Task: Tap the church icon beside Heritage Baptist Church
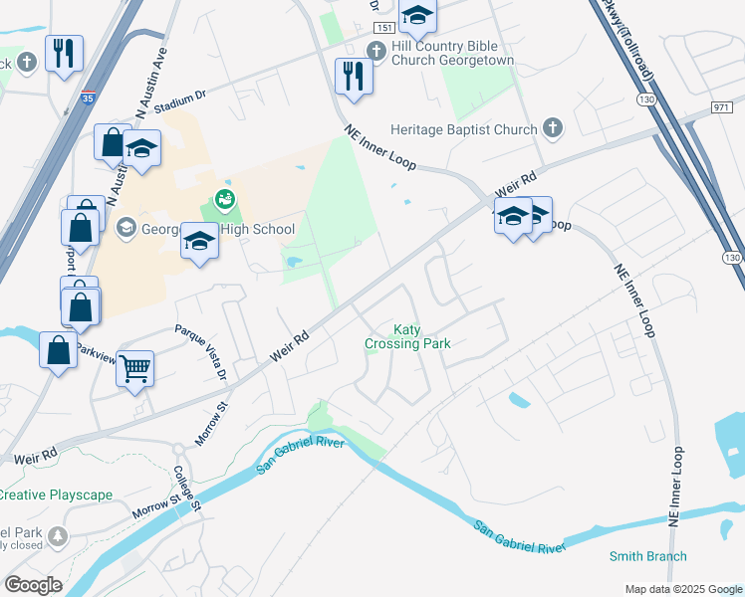point(554,128)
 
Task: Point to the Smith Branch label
point(648,556)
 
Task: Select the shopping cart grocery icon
point(134,368)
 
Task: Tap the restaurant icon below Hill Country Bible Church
point(354,75)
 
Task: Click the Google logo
point(33,585)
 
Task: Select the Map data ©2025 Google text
point(682,589)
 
